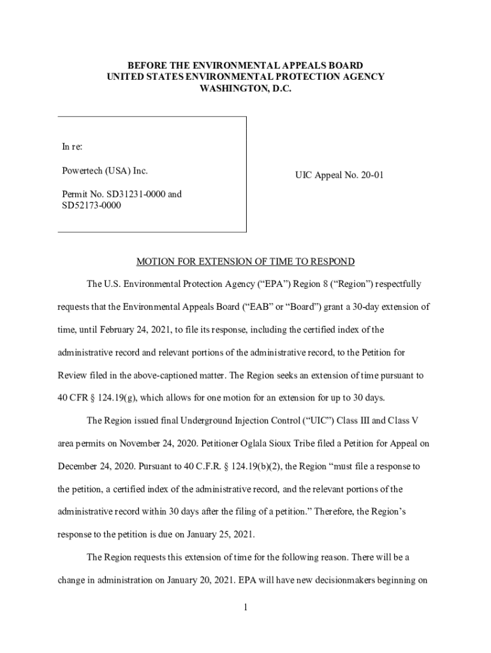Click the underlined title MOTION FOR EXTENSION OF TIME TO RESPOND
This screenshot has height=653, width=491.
[246, 262]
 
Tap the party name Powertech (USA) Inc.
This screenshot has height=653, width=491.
[105, 171]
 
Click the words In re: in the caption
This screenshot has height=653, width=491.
[72, 147]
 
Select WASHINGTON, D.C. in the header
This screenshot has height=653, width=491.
[246, 89]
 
